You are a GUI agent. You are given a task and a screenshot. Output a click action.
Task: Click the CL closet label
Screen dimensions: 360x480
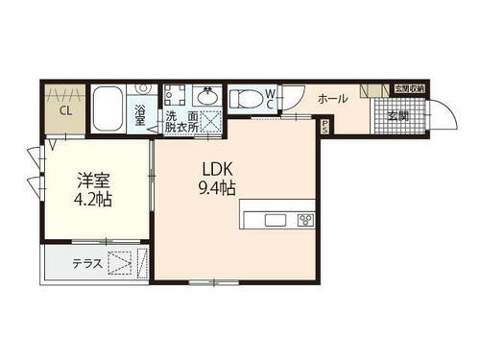click(x=65, y=109)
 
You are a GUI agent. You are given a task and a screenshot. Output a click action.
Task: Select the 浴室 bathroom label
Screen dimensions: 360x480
click(x=141, y=114)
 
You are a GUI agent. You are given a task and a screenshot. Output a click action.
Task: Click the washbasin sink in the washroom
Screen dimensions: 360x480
click(x=207, y=96)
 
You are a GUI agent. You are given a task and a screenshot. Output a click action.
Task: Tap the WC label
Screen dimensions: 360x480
click(x=272, y=96)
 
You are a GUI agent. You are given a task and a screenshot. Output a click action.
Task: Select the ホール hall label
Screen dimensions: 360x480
click(x=332, y=99)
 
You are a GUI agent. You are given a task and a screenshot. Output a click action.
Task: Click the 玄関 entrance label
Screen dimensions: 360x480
click(x=397, y=115)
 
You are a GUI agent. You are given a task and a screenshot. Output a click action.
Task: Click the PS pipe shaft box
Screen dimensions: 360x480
click(x=325, y=126)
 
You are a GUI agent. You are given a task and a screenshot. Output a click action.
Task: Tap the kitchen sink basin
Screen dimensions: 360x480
click(x=275, y=219)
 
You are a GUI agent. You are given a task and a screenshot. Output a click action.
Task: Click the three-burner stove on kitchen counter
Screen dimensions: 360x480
click(x=304, y=219)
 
